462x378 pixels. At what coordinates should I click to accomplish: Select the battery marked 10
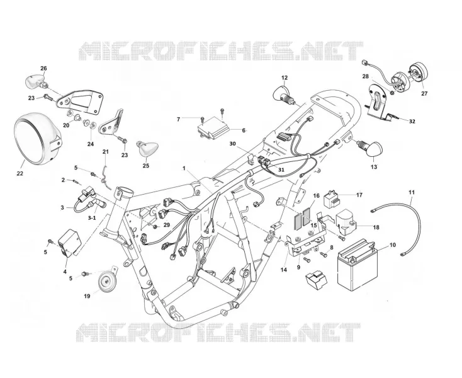pos(357,265)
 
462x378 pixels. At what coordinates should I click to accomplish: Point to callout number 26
pos(43,69)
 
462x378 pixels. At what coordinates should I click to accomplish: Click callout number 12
pos(285,78)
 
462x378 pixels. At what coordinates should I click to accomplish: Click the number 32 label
pos(412,121)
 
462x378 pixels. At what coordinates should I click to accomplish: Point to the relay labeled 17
pos(331,200)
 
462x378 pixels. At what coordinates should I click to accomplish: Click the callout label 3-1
pos(92,218)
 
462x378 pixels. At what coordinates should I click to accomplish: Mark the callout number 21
pos(106,152)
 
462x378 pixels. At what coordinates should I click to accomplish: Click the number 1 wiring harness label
pos(184,168)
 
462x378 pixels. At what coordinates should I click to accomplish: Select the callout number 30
pos(232,144)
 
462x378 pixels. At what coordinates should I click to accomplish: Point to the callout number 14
pos(284,270)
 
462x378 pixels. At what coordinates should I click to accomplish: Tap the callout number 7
pos(178,120)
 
